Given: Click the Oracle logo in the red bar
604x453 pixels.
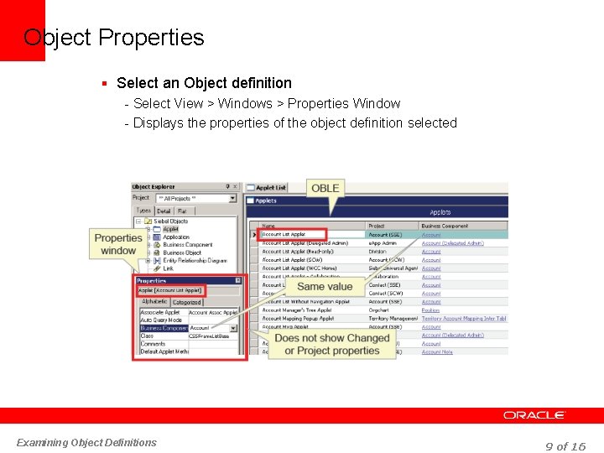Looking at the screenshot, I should pos(534,415).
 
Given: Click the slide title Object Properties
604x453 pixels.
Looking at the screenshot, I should pos(114,38).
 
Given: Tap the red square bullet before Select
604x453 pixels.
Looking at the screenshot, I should pos(103,83).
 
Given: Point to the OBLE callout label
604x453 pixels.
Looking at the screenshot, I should pos(325,188).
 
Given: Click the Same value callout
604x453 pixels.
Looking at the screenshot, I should pos(325,286).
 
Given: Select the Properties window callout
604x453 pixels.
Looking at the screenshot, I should pos(118,244).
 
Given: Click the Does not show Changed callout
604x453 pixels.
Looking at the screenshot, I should pos(332,344).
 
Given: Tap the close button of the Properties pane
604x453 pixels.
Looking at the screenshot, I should pos(238,280).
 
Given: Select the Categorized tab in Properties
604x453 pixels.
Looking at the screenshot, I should pos(187,302).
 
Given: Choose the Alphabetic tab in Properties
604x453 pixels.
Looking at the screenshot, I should pos(154,302).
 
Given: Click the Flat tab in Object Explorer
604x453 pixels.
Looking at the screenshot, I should pos(182,211).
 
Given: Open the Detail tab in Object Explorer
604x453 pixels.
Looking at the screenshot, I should pos(164,211).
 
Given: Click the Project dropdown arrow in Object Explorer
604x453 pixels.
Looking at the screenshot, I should pos(232,199).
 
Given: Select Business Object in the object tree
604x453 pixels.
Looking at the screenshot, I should pos(182,253).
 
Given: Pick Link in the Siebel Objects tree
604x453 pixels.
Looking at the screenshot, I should pos(169,268).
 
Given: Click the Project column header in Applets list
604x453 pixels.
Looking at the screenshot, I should pos(377,226).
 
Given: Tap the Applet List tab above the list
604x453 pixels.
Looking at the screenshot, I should pos(270,188).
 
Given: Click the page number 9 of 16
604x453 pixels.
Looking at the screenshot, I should pos(565,446).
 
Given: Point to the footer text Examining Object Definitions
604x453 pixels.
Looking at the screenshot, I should pos(86,442).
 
